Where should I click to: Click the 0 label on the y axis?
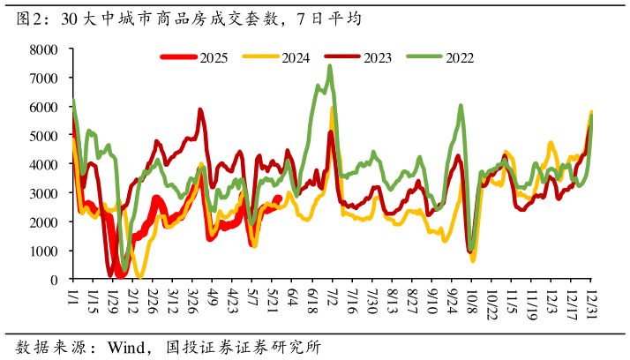(55, 280)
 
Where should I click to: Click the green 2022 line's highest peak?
(330, 65)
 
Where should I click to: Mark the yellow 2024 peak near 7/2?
(332, 109)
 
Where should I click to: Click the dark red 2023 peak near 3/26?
(200, 110)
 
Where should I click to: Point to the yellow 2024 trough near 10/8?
(473, 260)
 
